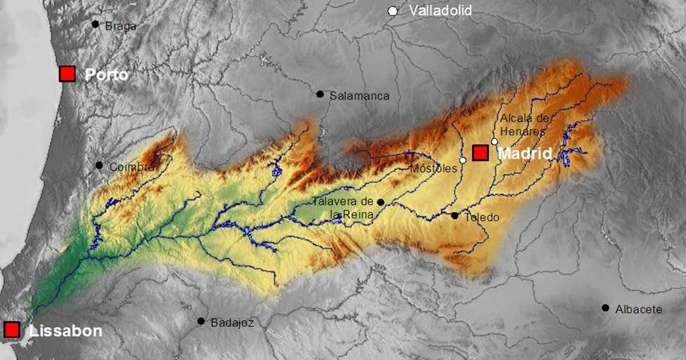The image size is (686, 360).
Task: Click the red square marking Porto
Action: click(x=67, y=74)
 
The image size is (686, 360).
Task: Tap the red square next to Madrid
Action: click(x=480, y=153)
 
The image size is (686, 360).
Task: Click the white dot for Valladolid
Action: click(x=393, y=11)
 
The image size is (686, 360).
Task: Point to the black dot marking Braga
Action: click(x=95, y=24)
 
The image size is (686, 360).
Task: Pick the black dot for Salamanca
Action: click(x=320, y=94)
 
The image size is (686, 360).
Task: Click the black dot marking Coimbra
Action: click(x=99, y=166)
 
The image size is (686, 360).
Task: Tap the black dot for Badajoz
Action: click(x=201, y=321)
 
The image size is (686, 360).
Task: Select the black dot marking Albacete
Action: click(x=605, y=307)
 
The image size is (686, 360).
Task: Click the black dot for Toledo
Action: click(x=455, y=215)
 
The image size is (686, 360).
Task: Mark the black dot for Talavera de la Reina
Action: click(x=380, y=202)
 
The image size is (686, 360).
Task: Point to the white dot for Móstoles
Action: click(x=462, y=161)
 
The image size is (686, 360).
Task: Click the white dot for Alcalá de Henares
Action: click(x=495, y=142)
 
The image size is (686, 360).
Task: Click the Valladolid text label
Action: click(x=440, y=11)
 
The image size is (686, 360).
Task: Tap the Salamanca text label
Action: click(x=359, y=95)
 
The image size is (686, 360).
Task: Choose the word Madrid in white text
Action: click(x=525, y=153)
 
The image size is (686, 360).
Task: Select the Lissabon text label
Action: click(x=66, y=331)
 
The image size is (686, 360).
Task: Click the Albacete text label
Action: click(x=638, y=309)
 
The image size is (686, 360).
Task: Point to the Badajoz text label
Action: click(x=231, y=323)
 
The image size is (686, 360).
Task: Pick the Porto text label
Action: click(x=107, y=74)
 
